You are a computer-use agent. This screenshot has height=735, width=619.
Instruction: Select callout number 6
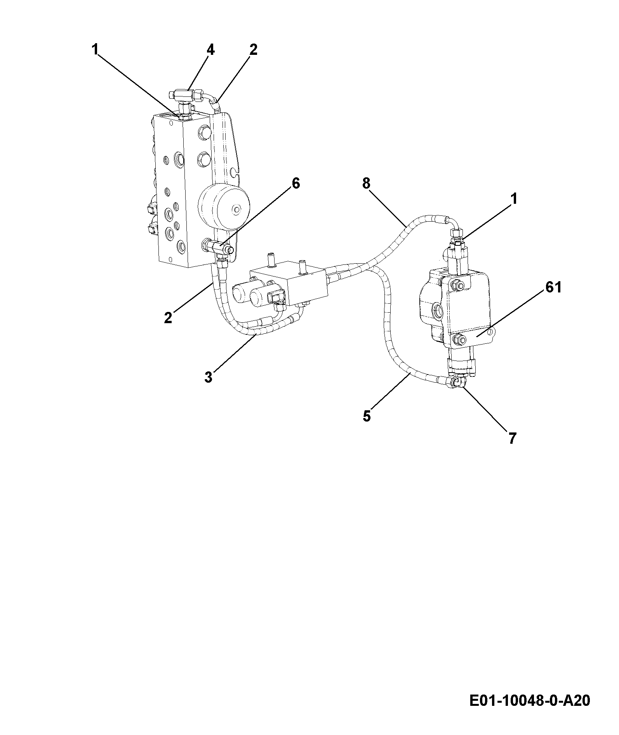coord(296,183)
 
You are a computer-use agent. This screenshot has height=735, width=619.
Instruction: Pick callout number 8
coord(366,183)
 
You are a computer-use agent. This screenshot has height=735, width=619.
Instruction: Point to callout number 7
coord(512,438)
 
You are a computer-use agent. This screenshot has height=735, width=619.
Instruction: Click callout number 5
coord(367,416)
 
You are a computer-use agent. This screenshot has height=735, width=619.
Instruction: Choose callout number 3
coord(209,376)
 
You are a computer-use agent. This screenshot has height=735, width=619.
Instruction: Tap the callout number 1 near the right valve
coord(514,199)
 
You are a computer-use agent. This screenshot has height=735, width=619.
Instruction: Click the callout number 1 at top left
coord(95,49)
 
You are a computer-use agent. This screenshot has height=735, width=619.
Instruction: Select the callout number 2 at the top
coord(253,49)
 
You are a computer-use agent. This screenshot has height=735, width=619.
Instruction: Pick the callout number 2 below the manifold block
coord(168,318)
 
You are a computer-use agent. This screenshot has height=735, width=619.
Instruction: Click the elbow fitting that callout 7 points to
coord(457,382)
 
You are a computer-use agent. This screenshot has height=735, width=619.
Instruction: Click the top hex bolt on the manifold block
coord(203,133)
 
